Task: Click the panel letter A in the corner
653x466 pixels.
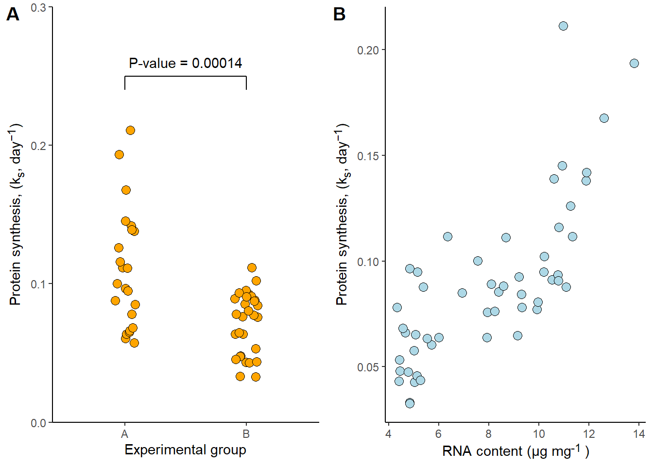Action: click(x=13, y=15)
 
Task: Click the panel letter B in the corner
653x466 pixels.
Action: click(x=339, y=15)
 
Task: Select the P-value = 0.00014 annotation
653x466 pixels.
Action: click(x=185, y=63)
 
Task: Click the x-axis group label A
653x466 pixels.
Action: click(x=125, y=434)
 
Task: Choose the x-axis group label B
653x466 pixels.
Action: click(x=246, y=434)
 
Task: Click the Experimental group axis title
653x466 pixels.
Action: click(x=185, y=450)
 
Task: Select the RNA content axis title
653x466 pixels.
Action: click(x=516, y=451)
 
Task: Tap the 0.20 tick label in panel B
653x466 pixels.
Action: click(x=368, y=50)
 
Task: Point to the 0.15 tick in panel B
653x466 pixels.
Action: click(x=368, y=156)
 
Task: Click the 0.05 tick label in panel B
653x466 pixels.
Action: click(x=368, y=367)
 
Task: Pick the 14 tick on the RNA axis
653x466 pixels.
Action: click(x=639, y=434)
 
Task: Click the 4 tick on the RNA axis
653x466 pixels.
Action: click(x=388, y=434)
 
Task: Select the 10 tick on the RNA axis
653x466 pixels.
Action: click(x=539, y=434)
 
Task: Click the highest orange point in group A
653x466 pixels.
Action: click(x=130, y=130)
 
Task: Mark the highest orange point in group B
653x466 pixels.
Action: click(x=252, y=267)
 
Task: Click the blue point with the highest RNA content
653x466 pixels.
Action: click(x=634, y=63)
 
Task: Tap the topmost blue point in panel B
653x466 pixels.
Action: click(x=563, y=26)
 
